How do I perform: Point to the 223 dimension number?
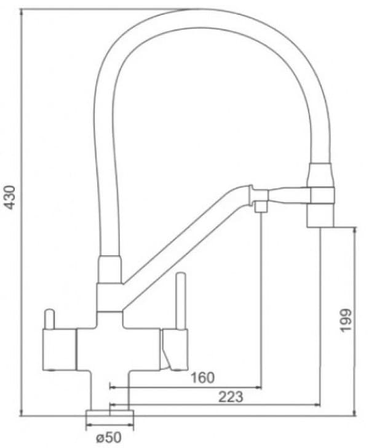[231, 397]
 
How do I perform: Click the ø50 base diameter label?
[108, 438]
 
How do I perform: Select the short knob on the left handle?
[49, 320]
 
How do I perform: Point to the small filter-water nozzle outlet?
[260, 206]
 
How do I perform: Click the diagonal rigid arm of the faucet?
[184, 240]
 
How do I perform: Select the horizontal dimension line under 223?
[215, 404]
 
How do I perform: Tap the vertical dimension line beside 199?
[355, 321]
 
